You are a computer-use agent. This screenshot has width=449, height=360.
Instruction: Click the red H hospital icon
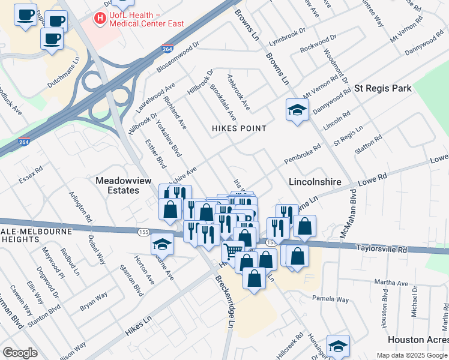100,19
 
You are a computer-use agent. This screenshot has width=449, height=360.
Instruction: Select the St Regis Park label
383,88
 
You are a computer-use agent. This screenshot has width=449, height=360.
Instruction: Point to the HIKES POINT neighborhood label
238,128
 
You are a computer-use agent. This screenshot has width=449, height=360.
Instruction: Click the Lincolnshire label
315,181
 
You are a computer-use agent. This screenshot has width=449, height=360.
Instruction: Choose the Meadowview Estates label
117,185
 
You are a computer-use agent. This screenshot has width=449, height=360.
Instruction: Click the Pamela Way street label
330,299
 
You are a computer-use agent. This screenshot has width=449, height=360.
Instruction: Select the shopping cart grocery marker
233,251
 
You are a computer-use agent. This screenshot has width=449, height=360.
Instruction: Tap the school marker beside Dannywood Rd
297,110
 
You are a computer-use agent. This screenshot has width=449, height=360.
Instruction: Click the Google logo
20,353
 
